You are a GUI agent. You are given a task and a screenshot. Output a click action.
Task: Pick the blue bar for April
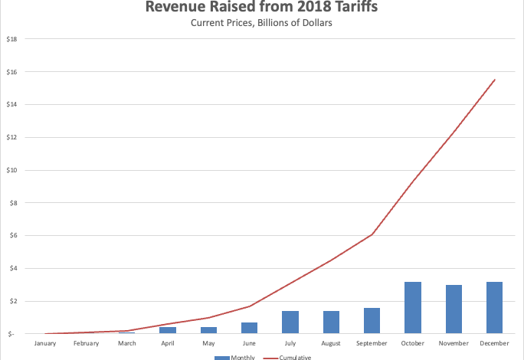click(168, 330)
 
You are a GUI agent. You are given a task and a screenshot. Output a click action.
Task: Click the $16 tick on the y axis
click(12, 71)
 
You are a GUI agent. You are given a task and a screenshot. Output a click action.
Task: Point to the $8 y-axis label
click(12, 203)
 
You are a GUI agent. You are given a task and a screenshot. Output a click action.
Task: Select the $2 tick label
click(12, 301)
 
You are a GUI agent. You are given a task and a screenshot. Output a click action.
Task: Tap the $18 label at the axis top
click(12, 38)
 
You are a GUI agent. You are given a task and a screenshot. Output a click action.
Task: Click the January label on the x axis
click(45, 343)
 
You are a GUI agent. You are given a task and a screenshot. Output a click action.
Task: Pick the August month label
click(331, 343)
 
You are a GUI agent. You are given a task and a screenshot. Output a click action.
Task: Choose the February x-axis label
click(86, 343)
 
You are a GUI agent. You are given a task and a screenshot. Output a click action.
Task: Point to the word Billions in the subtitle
click(255, 23)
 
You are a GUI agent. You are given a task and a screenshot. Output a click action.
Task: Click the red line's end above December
click(495, 80)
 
